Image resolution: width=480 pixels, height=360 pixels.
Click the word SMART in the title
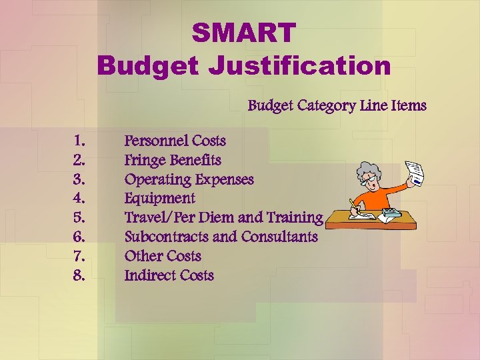(243, 33)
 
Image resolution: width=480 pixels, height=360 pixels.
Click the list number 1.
(79, 141)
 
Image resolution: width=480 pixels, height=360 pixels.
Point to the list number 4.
(79, 198)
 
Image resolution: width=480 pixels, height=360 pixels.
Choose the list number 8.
(79, 275)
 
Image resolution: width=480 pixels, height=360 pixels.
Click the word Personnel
(155, 141)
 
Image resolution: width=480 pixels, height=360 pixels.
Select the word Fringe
(145, 160)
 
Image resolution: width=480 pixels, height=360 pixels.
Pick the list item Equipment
(160, 198)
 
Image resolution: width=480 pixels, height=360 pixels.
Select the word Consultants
(279, 237)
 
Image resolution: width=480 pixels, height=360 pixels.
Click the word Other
(143, 255)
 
